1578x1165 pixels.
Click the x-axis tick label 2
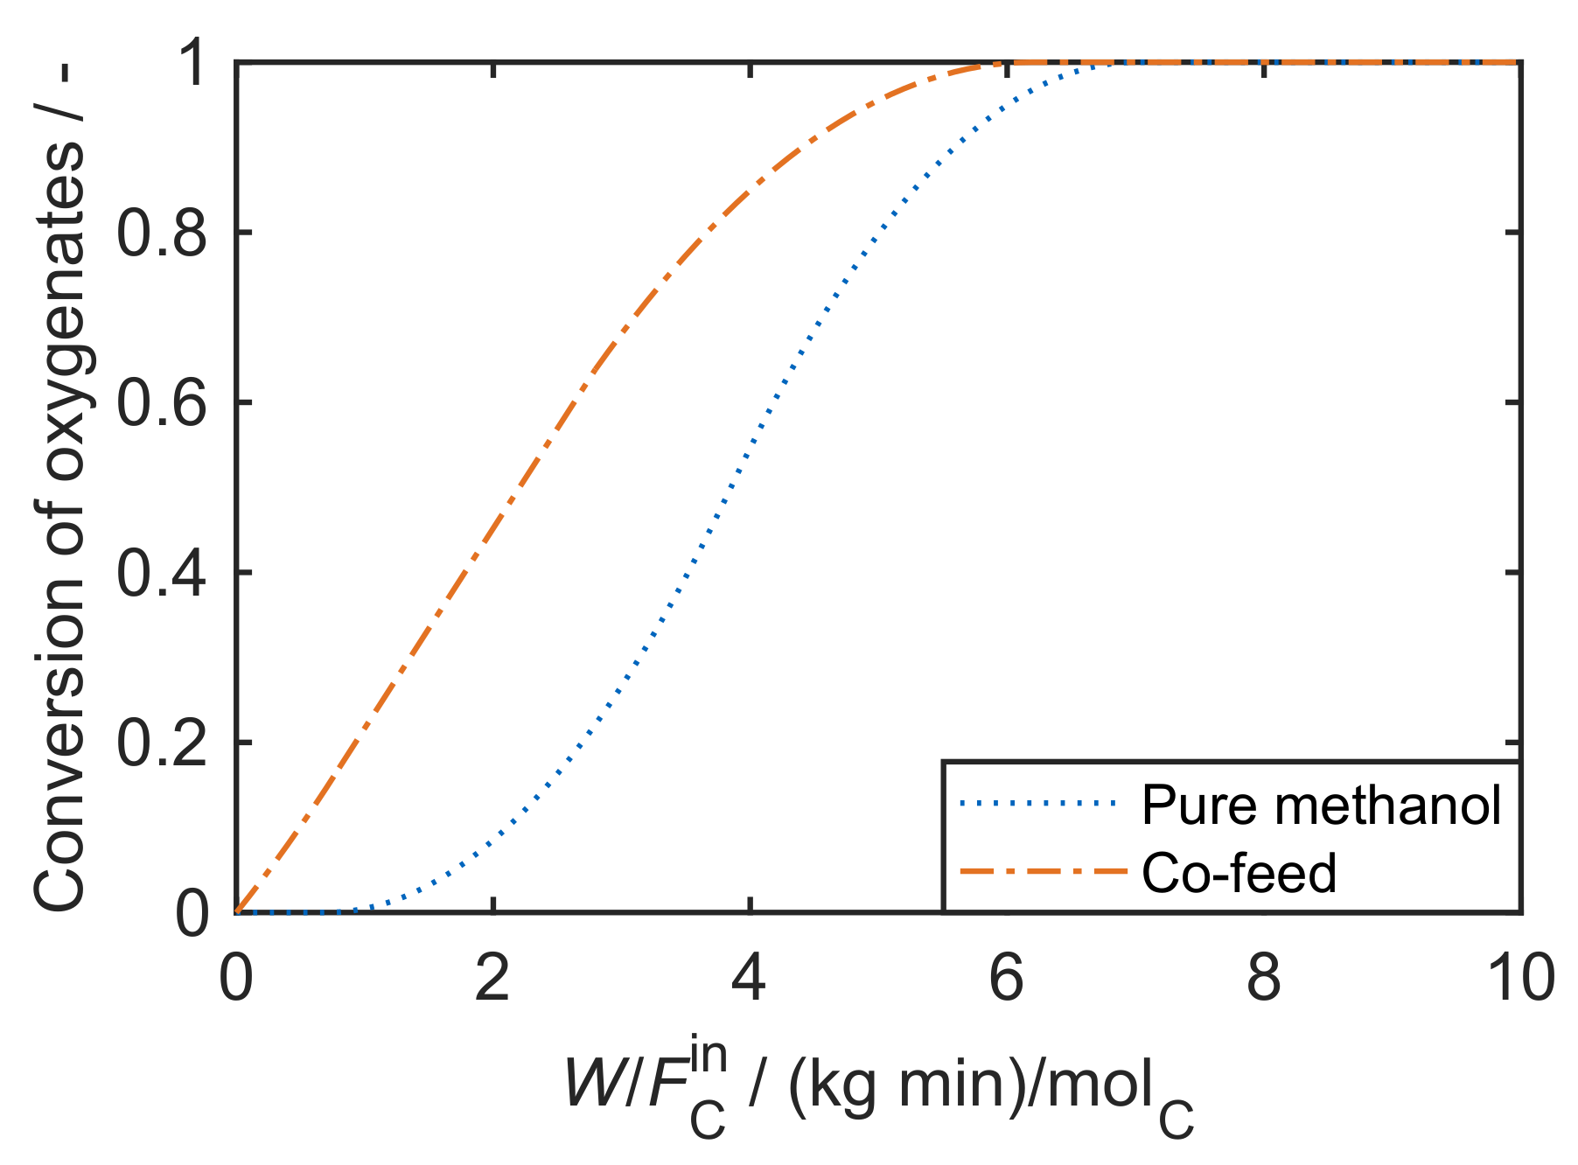(x=492, y=979)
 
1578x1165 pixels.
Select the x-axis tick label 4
(x=750, y=979)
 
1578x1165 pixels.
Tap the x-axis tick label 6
(x=1007, y=979)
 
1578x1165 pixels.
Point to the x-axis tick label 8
(x=1264, y=979)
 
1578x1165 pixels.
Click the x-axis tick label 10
(x=1520, y=979)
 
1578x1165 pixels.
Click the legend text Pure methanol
(x=1321, y=805)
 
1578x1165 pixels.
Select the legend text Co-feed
(x=1239, y=873)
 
